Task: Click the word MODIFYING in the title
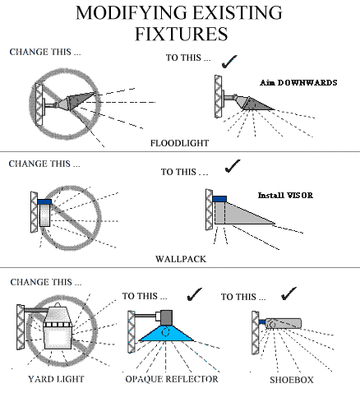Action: point(131,12)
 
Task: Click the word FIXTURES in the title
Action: point(182,34)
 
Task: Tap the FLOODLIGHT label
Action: point(179,143)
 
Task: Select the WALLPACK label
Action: point(181,259)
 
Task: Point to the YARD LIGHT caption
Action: point(56,379)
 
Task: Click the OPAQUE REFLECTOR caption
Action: point(172,379)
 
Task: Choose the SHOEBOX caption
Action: point(292,380)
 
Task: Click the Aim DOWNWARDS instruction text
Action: point(298,82)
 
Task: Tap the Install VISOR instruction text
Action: point(285,195)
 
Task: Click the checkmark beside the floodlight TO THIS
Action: point(229,62)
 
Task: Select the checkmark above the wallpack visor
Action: point(233,166)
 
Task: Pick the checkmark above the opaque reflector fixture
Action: point(194,294)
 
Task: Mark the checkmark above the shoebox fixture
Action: point(288,294)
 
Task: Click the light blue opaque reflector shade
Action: point(167,333)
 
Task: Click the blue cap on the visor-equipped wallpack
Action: point(219,199)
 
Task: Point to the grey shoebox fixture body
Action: point(283,323)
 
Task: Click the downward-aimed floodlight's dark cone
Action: point(257,104)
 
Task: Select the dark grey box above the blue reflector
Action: point(166,317)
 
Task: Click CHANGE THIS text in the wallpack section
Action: point(44,164)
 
